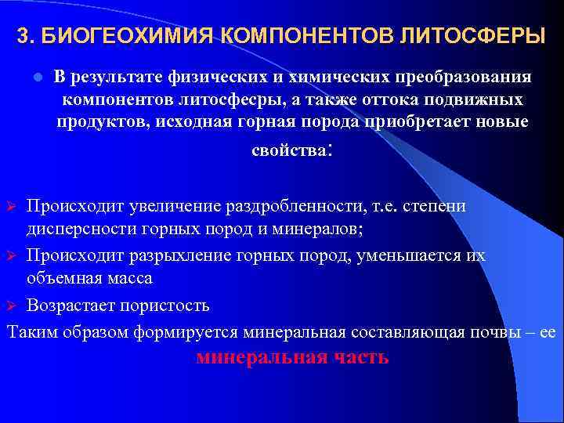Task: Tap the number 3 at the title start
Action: [23, 36]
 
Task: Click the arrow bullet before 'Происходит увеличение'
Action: [12, 206]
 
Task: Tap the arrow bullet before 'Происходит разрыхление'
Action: [12, 256]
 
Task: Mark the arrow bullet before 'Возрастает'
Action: [12, 305]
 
